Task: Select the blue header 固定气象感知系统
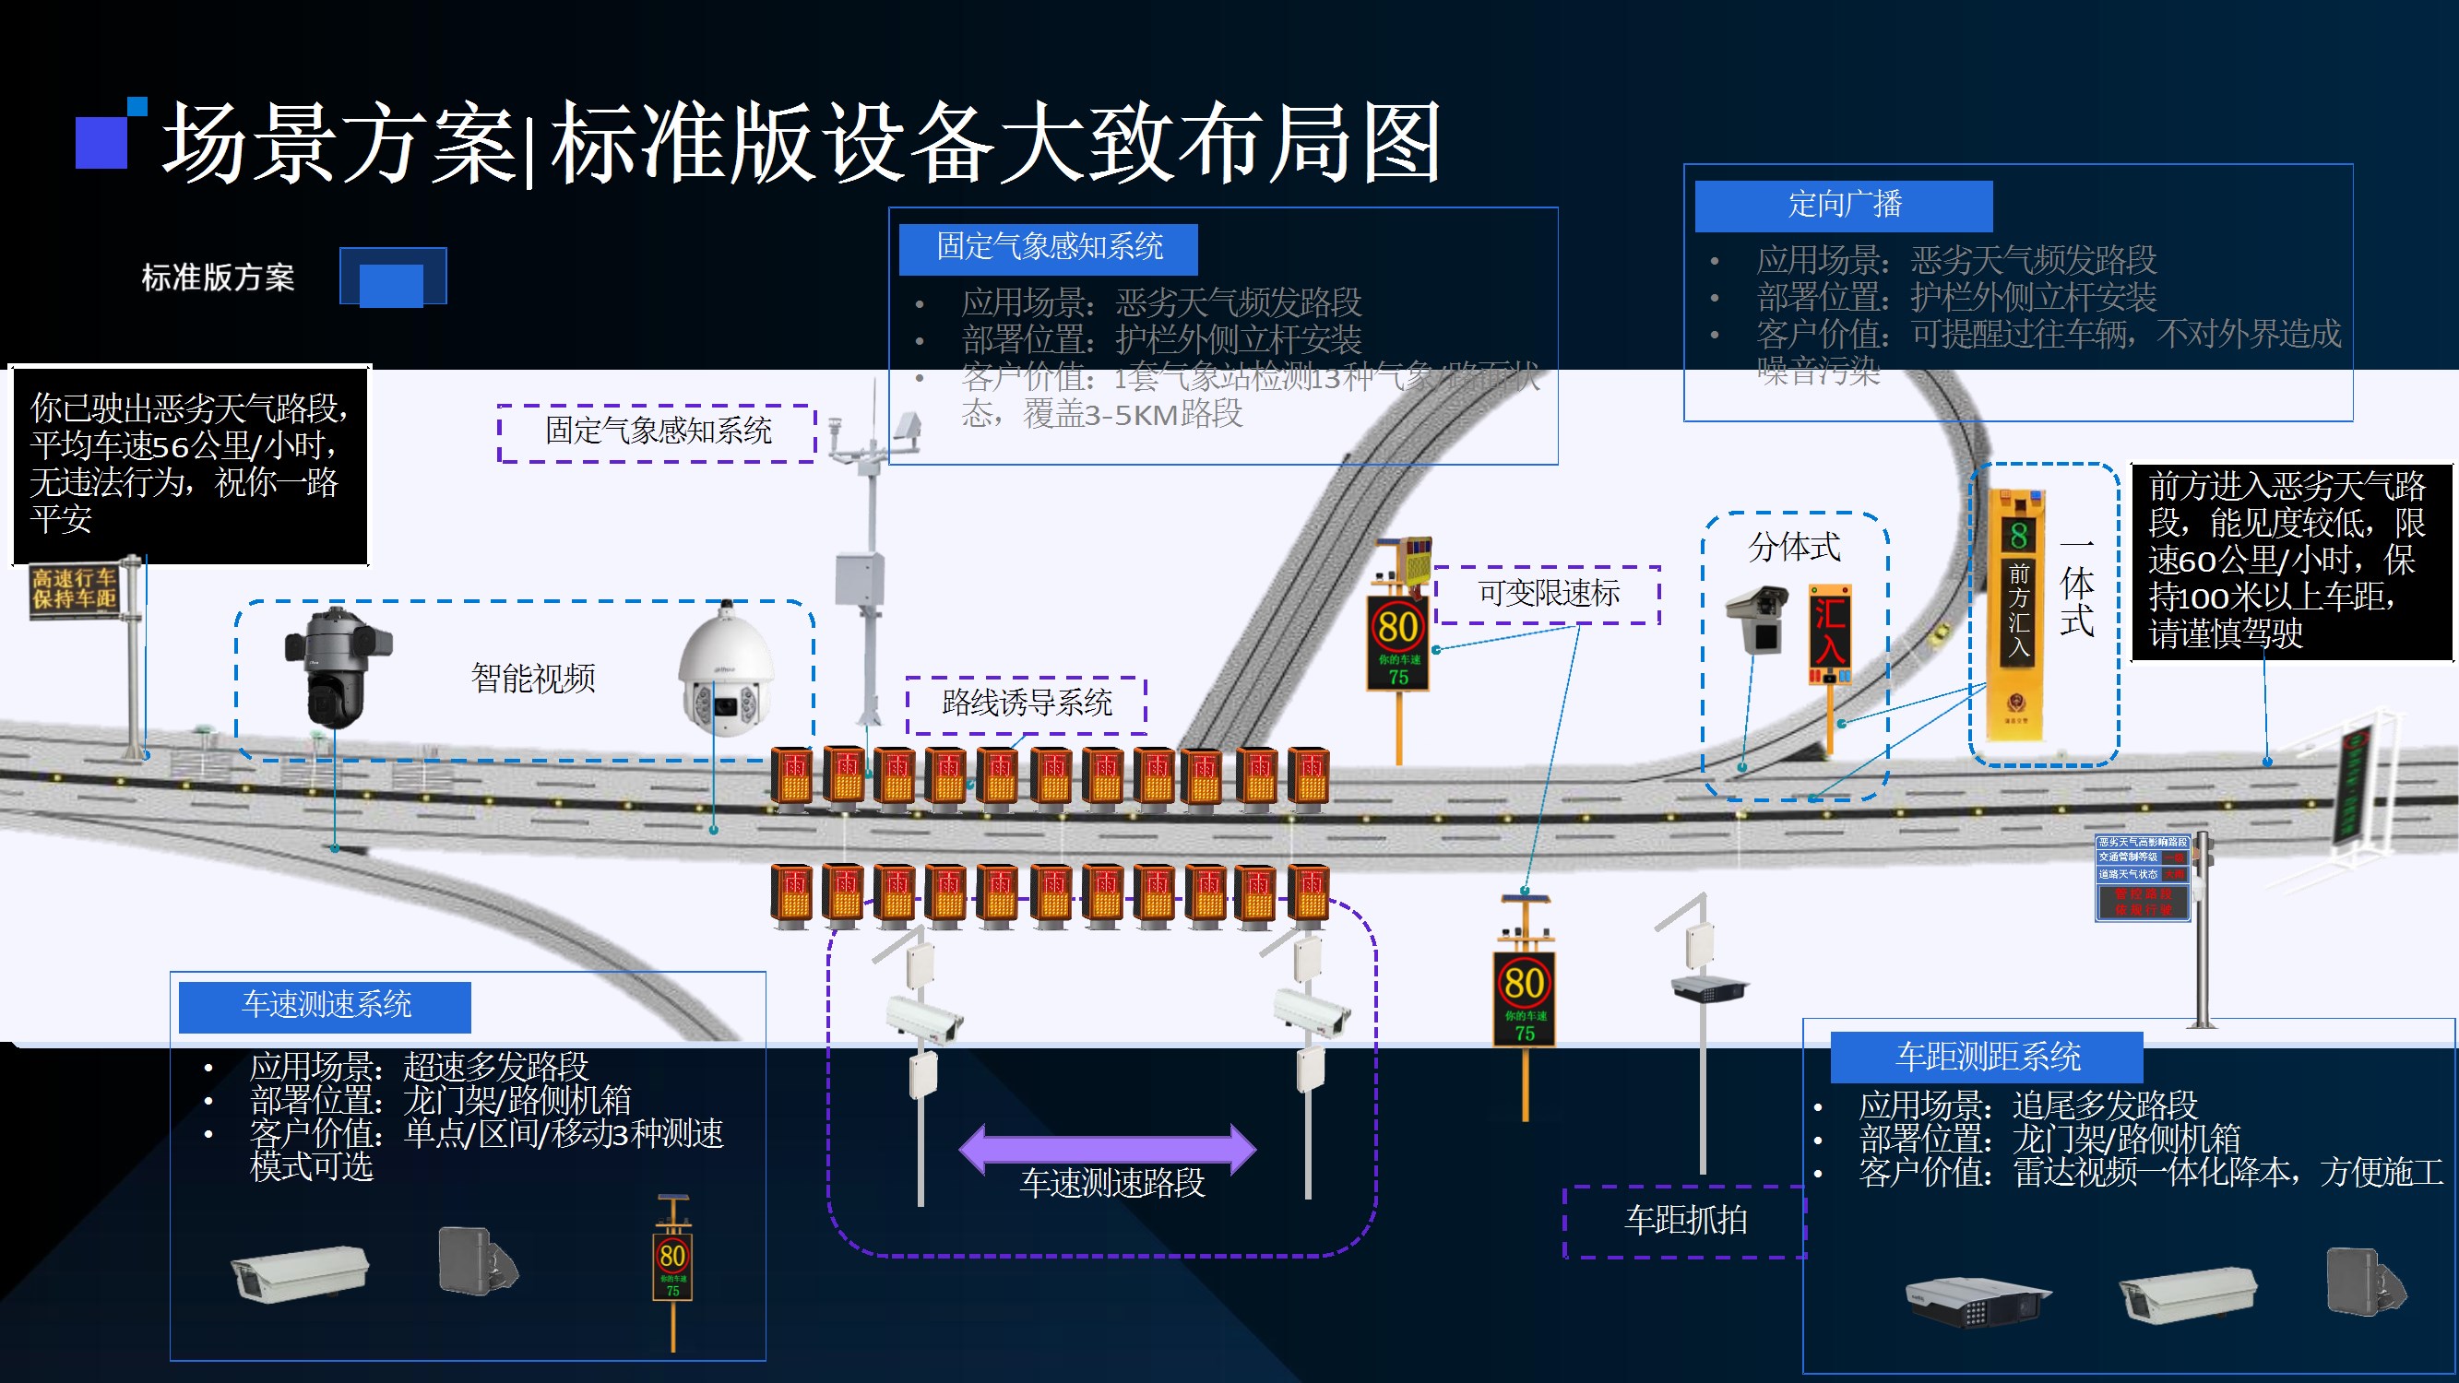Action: (1048, 248)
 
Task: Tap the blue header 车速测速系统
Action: (326, 1006)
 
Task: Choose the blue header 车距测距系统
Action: (1987, 1058)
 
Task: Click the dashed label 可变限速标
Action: (1548, 595)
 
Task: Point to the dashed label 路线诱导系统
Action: (1027, 704)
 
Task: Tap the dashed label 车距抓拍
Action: (1685, 1221)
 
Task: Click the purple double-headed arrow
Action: (1108, 1148)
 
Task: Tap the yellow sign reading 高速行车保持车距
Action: (74, 588)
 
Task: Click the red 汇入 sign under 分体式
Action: (1829, 633)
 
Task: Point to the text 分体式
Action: (1794, 548)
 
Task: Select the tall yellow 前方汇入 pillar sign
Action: (2017, 616)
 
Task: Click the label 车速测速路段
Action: (1112, 1184)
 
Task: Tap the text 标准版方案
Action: (218, 278)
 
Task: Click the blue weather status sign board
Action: (2142, 877)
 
